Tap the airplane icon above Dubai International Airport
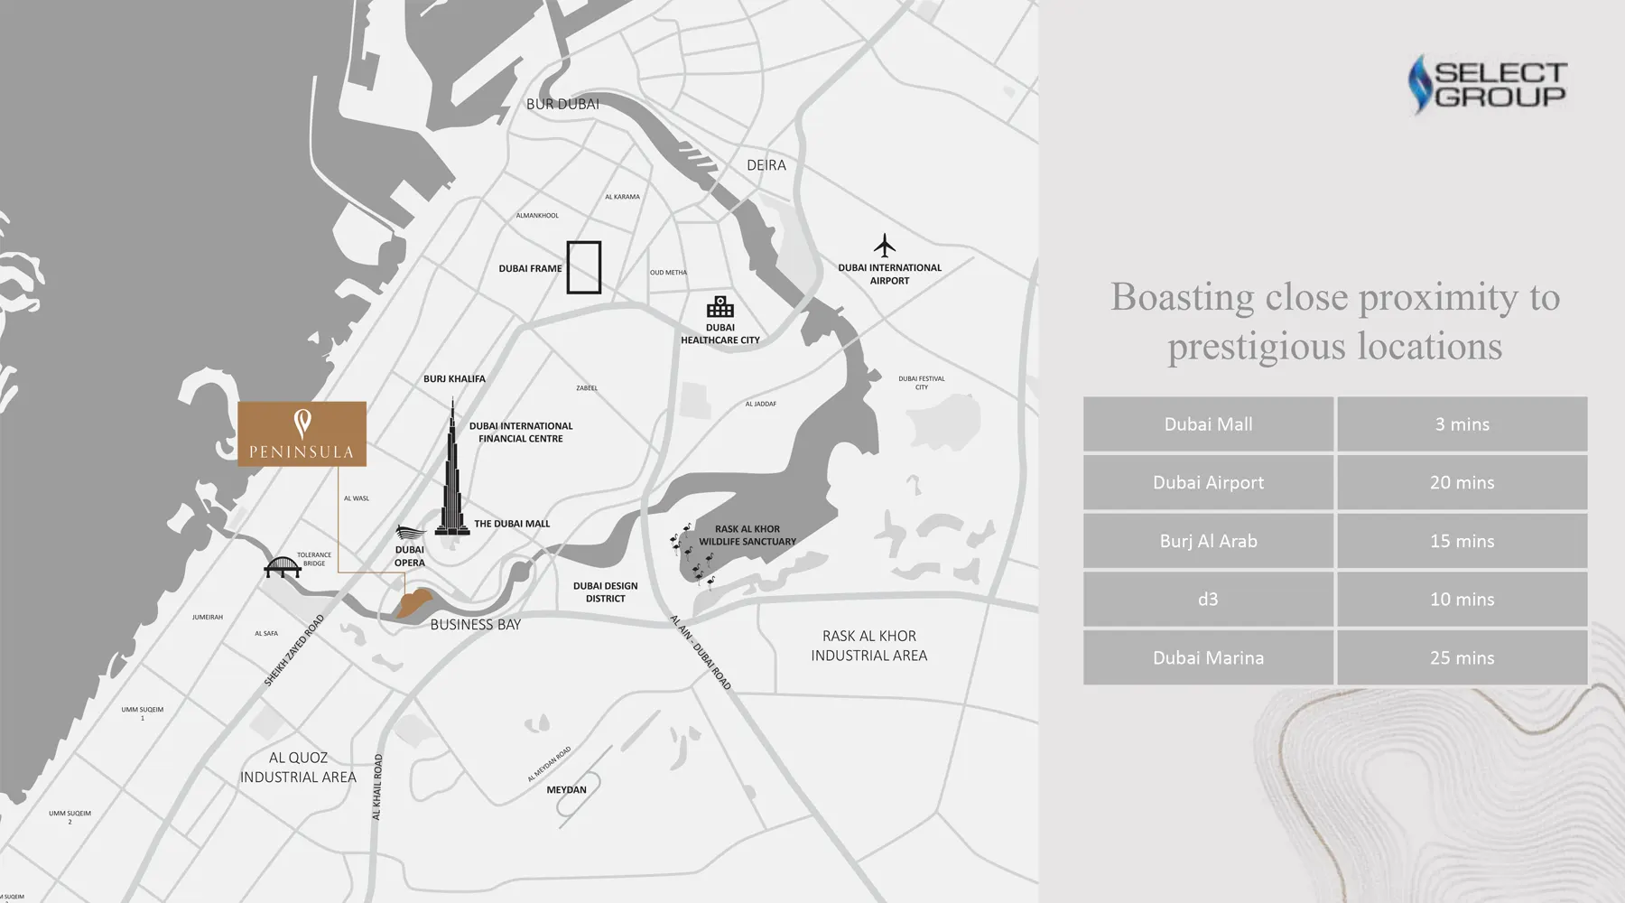pos(885,245)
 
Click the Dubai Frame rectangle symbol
pos(584,267)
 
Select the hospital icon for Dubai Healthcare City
pos(720,307)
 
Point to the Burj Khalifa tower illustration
pos(452,474)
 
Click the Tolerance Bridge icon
pos(282,568)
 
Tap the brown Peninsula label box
pos(302,434)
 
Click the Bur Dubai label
pos(562,105)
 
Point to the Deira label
pos(766,165)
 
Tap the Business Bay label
pos(475,625)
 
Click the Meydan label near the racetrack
pos(566,790)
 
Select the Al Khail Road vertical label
pos(377,787)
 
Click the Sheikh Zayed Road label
pos(293,651)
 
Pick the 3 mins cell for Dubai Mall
pos(1462,424)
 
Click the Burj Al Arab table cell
pos(1208,541)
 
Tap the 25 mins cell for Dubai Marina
pos(1462,658)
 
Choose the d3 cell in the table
pos(1208,600)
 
